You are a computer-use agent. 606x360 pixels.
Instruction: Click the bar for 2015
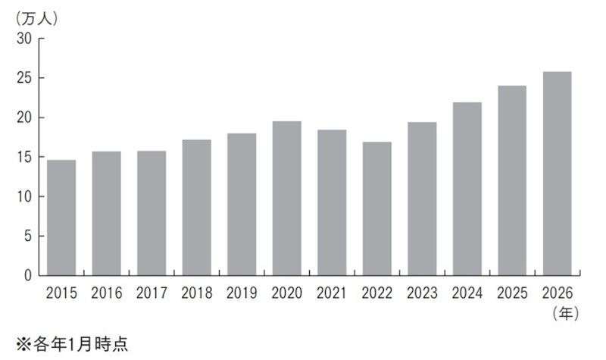pos(61,218)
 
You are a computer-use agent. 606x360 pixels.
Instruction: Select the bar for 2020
pos(287,199)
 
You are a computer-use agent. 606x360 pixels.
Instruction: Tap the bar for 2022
pos(376,209)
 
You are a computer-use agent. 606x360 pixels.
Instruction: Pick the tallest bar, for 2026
pos(558,174)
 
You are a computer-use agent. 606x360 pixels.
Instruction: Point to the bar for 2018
pos(197,208)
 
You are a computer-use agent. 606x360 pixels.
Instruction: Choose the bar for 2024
pos(467,189)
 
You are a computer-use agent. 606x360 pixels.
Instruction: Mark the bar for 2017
pos(151,213)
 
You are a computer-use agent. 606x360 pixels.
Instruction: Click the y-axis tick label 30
pos(24,39)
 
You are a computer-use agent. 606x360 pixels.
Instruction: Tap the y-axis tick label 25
pos(24,78)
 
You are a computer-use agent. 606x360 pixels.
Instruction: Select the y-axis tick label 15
pos(24,157)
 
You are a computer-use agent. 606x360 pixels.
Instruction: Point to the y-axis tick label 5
pos(28,236)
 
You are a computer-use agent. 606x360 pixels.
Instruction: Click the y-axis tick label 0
pos(28,275)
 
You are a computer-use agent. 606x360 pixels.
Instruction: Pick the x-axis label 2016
pos(107,293)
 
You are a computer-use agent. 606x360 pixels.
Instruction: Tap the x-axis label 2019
pos(242,293)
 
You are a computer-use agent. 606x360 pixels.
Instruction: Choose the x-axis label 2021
pos(332,293)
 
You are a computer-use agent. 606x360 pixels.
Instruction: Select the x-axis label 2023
pos(422,293)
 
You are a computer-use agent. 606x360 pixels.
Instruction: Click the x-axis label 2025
pos(512,293)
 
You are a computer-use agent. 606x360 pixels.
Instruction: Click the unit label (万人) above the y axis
pos(36,18)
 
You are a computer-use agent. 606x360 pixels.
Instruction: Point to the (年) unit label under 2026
pos(566,313)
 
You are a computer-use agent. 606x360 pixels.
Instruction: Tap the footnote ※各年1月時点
pos(72,344)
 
